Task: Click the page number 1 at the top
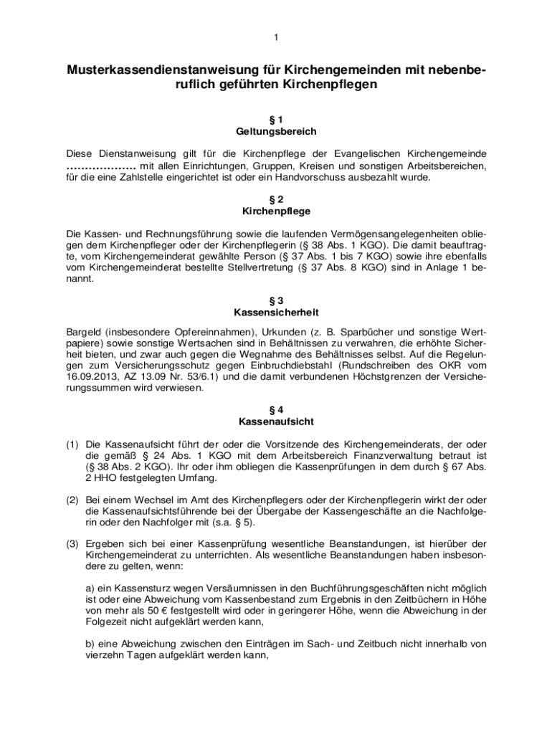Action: coord(275,37)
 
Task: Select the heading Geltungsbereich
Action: coord(276,132)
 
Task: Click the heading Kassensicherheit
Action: coord(276,313)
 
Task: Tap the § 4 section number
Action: coord(276,409)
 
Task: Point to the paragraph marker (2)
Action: coord(72,500)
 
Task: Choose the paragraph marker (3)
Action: coord(72,543)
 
